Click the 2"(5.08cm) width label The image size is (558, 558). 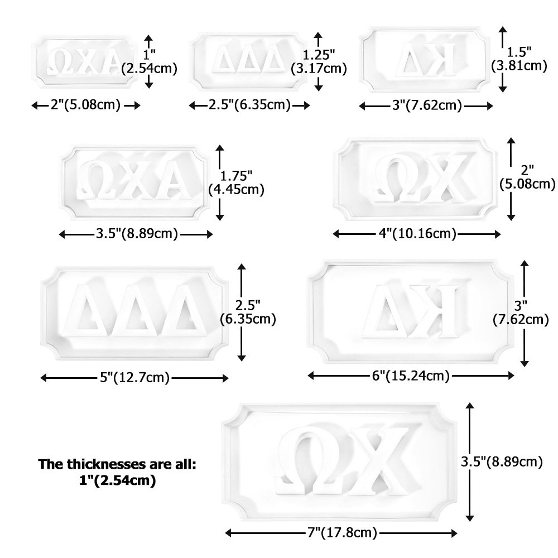[85, 105]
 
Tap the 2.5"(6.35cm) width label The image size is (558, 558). [249, 105]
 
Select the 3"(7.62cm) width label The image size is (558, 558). [427, 105]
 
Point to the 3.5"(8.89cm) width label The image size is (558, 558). [137, 234]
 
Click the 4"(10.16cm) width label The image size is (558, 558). [417, 234]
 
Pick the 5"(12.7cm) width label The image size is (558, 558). [134, 378]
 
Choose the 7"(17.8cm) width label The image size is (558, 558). [342, 533]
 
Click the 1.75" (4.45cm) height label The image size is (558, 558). [236, 182]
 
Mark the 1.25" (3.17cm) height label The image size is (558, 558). [319, 61]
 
